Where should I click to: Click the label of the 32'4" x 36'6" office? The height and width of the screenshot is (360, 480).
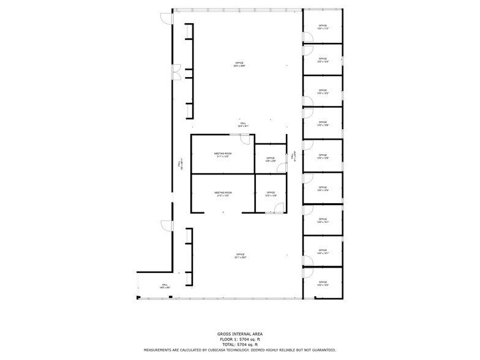239,64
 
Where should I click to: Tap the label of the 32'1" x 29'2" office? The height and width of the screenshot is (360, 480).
239,256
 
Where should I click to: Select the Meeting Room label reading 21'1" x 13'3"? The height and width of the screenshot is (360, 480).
223,155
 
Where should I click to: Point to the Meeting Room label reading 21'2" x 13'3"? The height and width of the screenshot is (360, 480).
223,194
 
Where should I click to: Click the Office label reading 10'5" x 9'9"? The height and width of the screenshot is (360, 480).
270,159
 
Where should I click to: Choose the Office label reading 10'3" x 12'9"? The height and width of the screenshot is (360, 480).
270,194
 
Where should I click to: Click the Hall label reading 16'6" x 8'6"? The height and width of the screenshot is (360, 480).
164,286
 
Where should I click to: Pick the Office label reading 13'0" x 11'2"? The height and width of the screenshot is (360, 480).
323,27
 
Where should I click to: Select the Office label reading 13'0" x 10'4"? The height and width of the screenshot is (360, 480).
323,60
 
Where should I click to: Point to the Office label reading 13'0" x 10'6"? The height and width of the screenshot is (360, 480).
323,124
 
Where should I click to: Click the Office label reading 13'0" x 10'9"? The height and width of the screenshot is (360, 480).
323,157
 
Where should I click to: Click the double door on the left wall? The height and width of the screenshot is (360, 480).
176,72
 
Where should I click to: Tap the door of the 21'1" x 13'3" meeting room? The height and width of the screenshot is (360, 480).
245,139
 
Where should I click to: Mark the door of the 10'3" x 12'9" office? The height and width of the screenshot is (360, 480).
279,208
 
